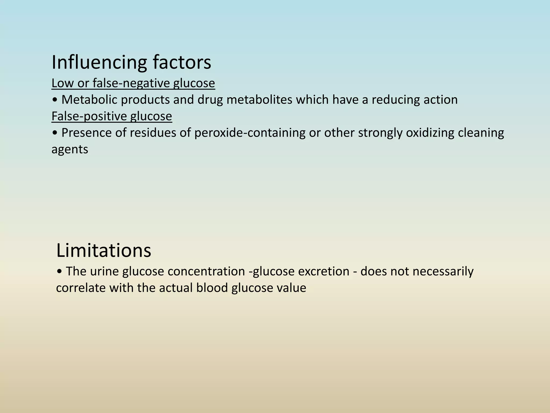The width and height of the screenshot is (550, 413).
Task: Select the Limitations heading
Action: pyautogui.click(x=104, y=250)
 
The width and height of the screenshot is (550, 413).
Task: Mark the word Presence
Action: pyautogui.click(x=86, y=133)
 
